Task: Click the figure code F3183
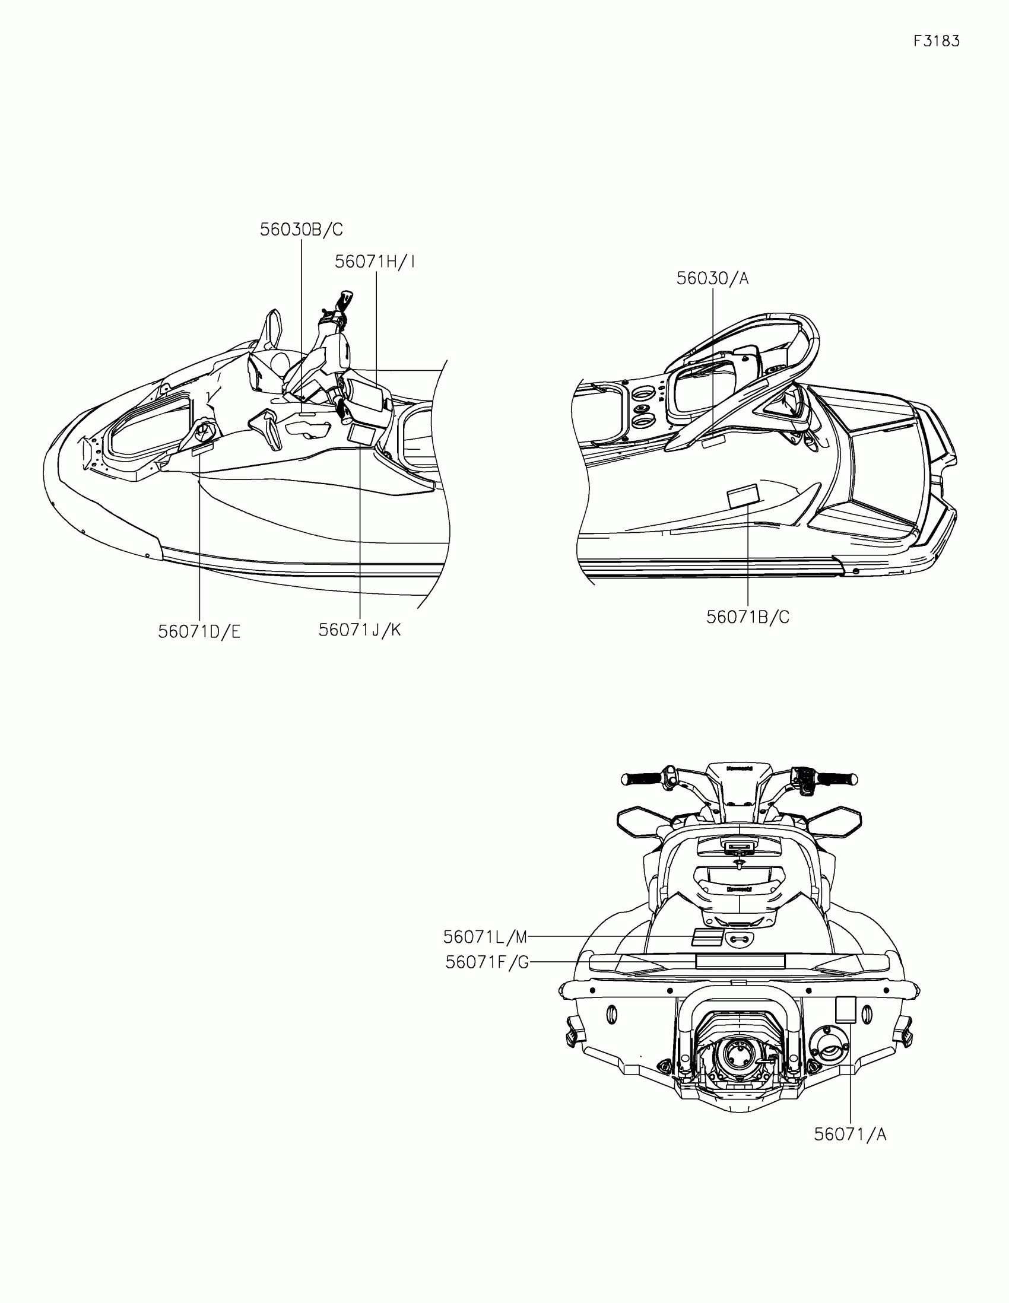(x=936, y=41)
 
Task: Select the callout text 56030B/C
(x=302, y=230)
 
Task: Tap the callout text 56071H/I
(x=375, y=262)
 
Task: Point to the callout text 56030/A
(x=712, y=279)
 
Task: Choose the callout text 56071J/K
(x=360, y=630)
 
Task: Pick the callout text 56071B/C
(x=748, y=618)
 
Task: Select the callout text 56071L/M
(x=485, y=937)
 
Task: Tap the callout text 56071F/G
(x=487, y=962)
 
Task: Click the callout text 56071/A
(x=851, y=1134)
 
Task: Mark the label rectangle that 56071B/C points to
(x=743, y=497)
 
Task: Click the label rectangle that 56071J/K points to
(x=361, y=434)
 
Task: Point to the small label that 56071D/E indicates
(x=202, y=450)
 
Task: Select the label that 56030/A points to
(x=712, y=441)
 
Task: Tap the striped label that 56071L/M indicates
(x=707, y=937)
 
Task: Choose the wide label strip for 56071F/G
(x=740, y=961)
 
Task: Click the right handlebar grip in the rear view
(x=836, y=779)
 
